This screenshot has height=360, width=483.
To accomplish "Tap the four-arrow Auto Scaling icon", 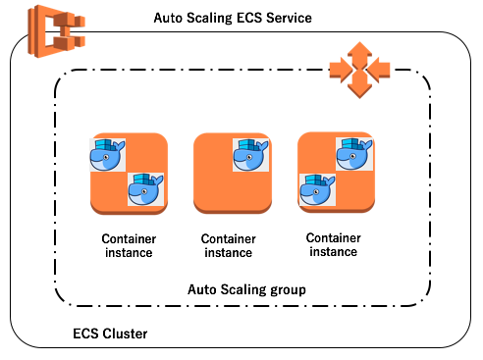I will pos(359,68).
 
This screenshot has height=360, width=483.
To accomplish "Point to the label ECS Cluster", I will pos(110,334).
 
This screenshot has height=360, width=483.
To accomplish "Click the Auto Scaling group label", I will pos(246,289).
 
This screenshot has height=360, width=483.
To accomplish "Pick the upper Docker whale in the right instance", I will pos(354,154).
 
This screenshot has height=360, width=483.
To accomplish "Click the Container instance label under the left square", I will pos(128,245).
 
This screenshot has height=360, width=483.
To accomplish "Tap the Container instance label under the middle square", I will pos(227,245).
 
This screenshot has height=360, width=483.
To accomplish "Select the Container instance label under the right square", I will pos(333,244).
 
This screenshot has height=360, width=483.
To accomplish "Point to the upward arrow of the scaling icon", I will pos(359,49).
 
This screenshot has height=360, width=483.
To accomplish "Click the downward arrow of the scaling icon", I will pos(359,87).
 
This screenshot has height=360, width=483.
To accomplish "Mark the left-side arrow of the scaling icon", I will pos(340,68).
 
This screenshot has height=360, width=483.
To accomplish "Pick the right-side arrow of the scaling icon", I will pos(380,68).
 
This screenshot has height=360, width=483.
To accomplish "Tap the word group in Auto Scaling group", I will pos(288,289).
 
